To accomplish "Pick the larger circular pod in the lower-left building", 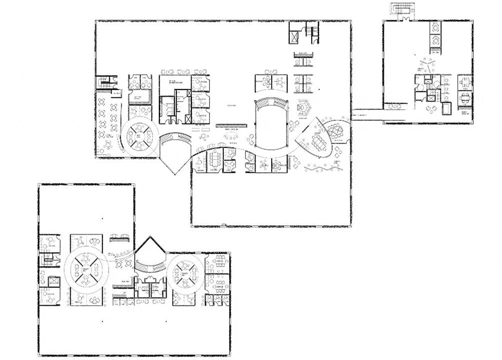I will click(88, 271).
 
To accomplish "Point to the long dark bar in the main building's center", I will click(230, 127).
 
